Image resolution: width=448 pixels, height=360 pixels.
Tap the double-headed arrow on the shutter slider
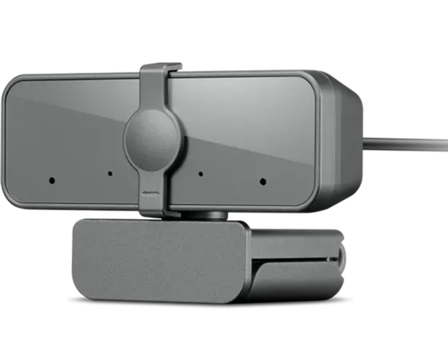pyautogui.click(x=151, y=193)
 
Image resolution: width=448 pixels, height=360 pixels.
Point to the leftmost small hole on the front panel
pyautogui.click(x=52, y=180)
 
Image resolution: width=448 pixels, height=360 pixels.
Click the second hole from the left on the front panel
pyautogui.click(x=110, y=173)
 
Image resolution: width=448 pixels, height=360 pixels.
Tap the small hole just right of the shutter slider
pyautogui.click(x=200, y=174)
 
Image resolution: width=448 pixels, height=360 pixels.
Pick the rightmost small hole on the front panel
pyautogui.click(x=263, y=182)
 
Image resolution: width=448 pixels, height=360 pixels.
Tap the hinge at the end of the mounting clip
pyautogui.click(x=340, y=258)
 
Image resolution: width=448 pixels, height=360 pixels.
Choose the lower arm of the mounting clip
pyautogui.click(x=295, y=278)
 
